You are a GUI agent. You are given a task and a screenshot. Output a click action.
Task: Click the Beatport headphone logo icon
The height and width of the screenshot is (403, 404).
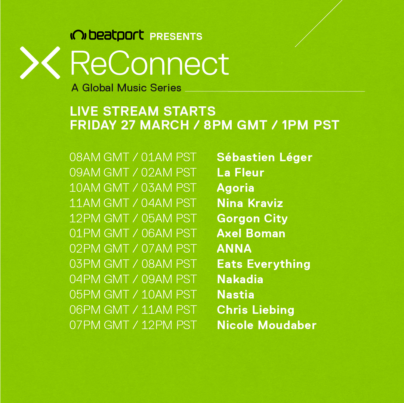(x=78, y=35)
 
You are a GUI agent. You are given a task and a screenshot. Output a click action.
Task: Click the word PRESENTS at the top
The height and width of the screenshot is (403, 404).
(x=176, y=37)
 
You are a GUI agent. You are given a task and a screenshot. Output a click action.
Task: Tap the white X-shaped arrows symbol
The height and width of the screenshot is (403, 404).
(x=40, y=63)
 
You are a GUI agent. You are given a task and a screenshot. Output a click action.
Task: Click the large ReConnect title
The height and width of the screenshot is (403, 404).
(x=150, y=63)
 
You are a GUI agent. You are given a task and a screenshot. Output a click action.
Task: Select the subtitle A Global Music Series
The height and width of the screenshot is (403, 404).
(x=126, y=88)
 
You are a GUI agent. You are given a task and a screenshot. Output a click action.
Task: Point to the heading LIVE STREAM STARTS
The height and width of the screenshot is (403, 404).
(x=143, y=111)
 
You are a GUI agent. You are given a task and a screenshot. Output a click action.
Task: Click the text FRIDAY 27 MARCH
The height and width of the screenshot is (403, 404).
(x=130, y=125)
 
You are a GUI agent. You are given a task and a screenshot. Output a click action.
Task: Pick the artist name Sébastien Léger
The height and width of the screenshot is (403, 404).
(x=265, y=157)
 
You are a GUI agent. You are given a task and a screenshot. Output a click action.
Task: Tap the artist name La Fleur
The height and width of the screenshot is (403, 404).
(x=241, y=172)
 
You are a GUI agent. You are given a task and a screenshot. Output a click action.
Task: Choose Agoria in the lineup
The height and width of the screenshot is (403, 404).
(x=235, y=188)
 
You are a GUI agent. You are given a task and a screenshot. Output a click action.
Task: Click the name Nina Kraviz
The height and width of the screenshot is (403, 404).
(x=250, y=203)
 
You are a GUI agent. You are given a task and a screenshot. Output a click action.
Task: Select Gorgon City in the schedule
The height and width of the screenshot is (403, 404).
(x=252, y=219)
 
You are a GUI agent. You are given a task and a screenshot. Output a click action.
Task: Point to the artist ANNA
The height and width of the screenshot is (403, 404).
(x=234, y=249)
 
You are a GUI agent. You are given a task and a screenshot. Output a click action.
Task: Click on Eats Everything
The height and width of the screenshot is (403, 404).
(x=263, y=264)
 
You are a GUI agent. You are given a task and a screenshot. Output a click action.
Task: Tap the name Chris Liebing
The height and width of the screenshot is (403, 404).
(x=256, y=310)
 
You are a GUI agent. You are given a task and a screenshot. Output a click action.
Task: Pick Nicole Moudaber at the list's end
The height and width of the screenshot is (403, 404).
(x=267, y=325)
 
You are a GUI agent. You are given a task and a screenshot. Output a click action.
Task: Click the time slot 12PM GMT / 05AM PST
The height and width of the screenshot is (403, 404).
(x=133, y=218)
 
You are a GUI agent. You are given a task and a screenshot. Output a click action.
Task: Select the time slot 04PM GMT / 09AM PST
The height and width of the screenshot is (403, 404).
(x=133, y=279)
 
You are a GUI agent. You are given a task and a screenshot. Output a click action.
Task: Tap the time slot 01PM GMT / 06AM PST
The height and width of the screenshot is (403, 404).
(x=133, y=233)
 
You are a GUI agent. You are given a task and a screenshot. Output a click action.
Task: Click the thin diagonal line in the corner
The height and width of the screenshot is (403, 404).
(x=319, y=24)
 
